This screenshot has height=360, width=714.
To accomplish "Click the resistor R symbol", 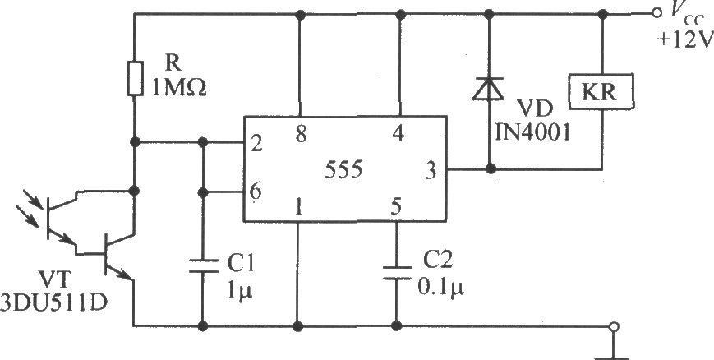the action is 135,77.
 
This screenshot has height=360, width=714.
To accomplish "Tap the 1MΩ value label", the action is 179,86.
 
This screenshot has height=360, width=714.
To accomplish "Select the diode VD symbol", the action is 488,89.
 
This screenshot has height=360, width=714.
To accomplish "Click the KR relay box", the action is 601,91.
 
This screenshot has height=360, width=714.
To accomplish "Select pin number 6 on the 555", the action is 255,192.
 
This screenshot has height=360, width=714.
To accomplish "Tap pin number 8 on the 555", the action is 300,135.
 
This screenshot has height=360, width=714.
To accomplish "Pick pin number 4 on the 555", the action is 398,135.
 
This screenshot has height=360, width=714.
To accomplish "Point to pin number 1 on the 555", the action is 298,206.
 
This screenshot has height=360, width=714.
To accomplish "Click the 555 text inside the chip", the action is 343,170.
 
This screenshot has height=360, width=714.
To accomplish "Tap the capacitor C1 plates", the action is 203,265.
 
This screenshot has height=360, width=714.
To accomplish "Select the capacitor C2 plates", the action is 397,273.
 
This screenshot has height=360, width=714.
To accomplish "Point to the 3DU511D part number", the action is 53,303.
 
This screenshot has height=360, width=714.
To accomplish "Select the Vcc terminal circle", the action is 656,14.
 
